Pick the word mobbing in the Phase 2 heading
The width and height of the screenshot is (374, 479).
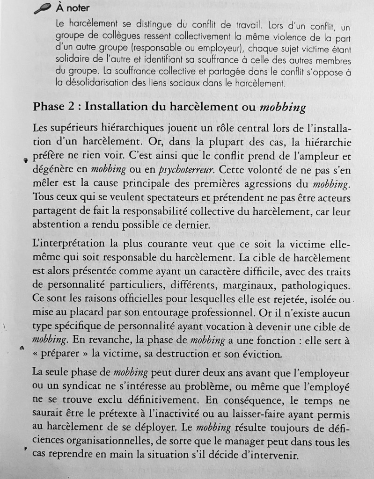click(x=282, y=108)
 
